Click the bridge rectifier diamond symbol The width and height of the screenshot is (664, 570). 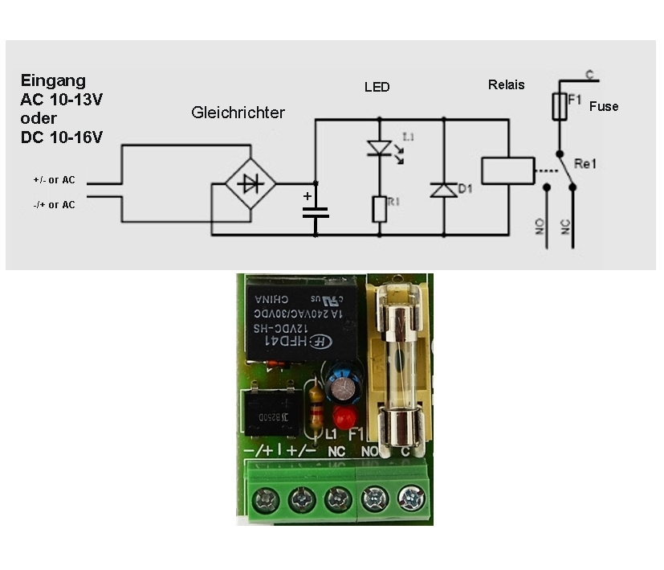click(251, 184)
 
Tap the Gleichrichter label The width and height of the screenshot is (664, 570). click(238, 113)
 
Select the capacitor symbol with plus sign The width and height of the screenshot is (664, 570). click(315, 212)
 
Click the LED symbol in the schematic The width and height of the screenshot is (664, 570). click(379, 148)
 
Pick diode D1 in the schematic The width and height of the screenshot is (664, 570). click(443, 191)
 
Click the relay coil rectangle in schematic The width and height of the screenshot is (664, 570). click(507, 170)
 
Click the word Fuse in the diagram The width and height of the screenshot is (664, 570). click(604, 106)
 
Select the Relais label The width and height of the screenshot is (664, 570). click(506, 84)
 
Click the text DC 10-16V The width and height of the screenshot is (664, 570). click(62, 137)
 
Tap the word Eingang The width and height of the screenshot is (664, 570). click(53, 80)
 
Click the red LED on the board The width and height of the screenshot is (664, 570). click(344, 417)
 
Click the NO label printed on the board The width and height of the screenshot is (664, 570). click(370, 452)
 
